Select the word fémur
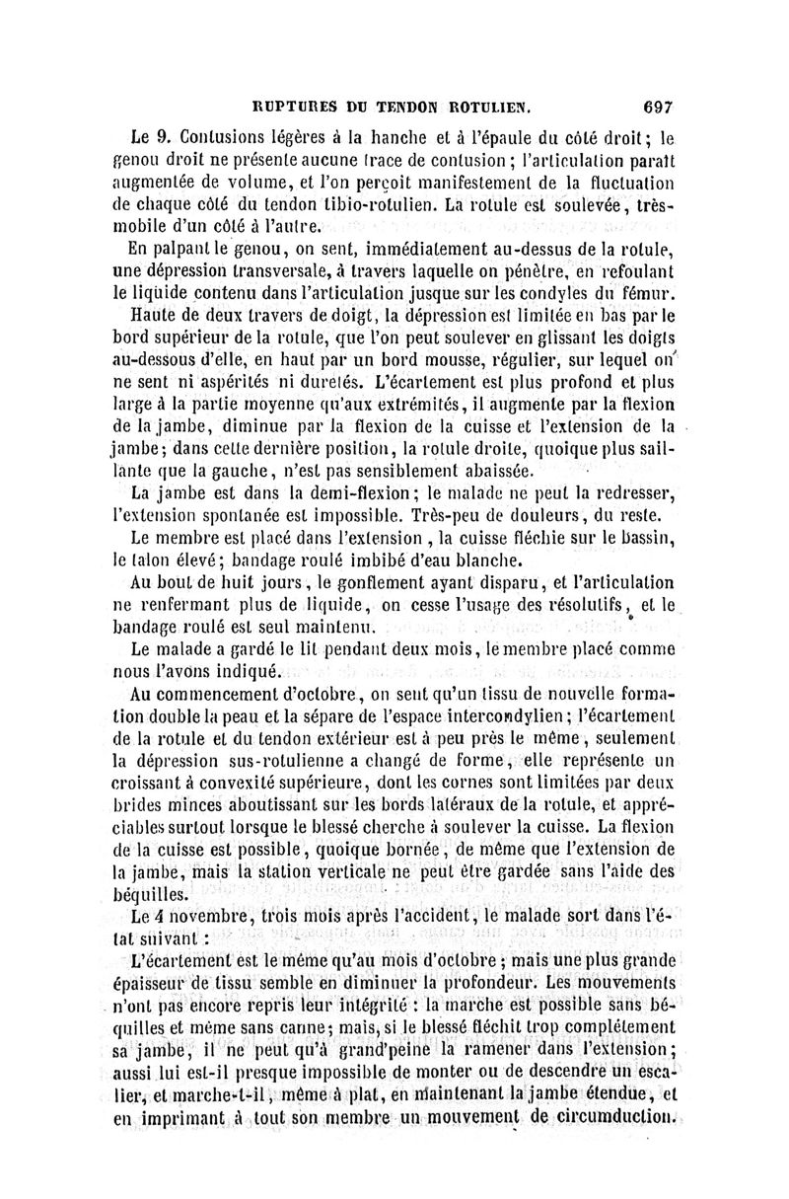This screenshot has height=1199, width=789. [648, 293]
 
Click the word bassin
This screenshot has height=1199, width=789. [643, 537]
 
